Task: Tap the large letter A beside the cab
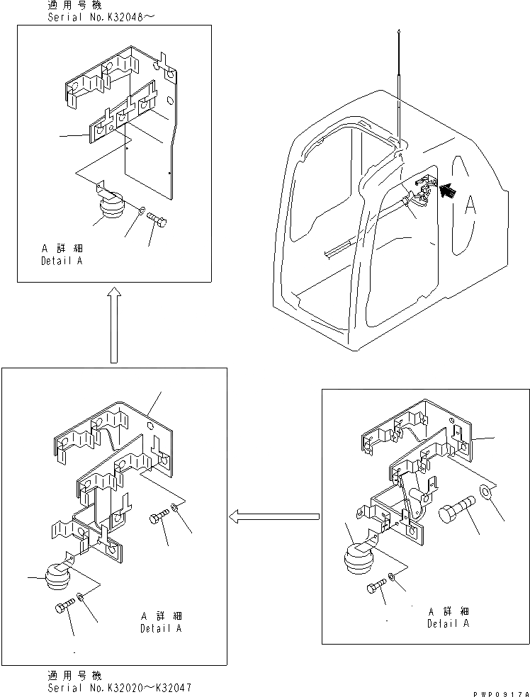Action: [x=468, y=205]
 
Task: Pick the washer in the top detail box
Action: [x=142, y=210]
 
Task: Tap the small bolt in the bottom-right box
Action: [x=376, y=587]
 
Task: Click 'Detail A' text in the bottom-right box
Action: [x=448, y=624]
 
